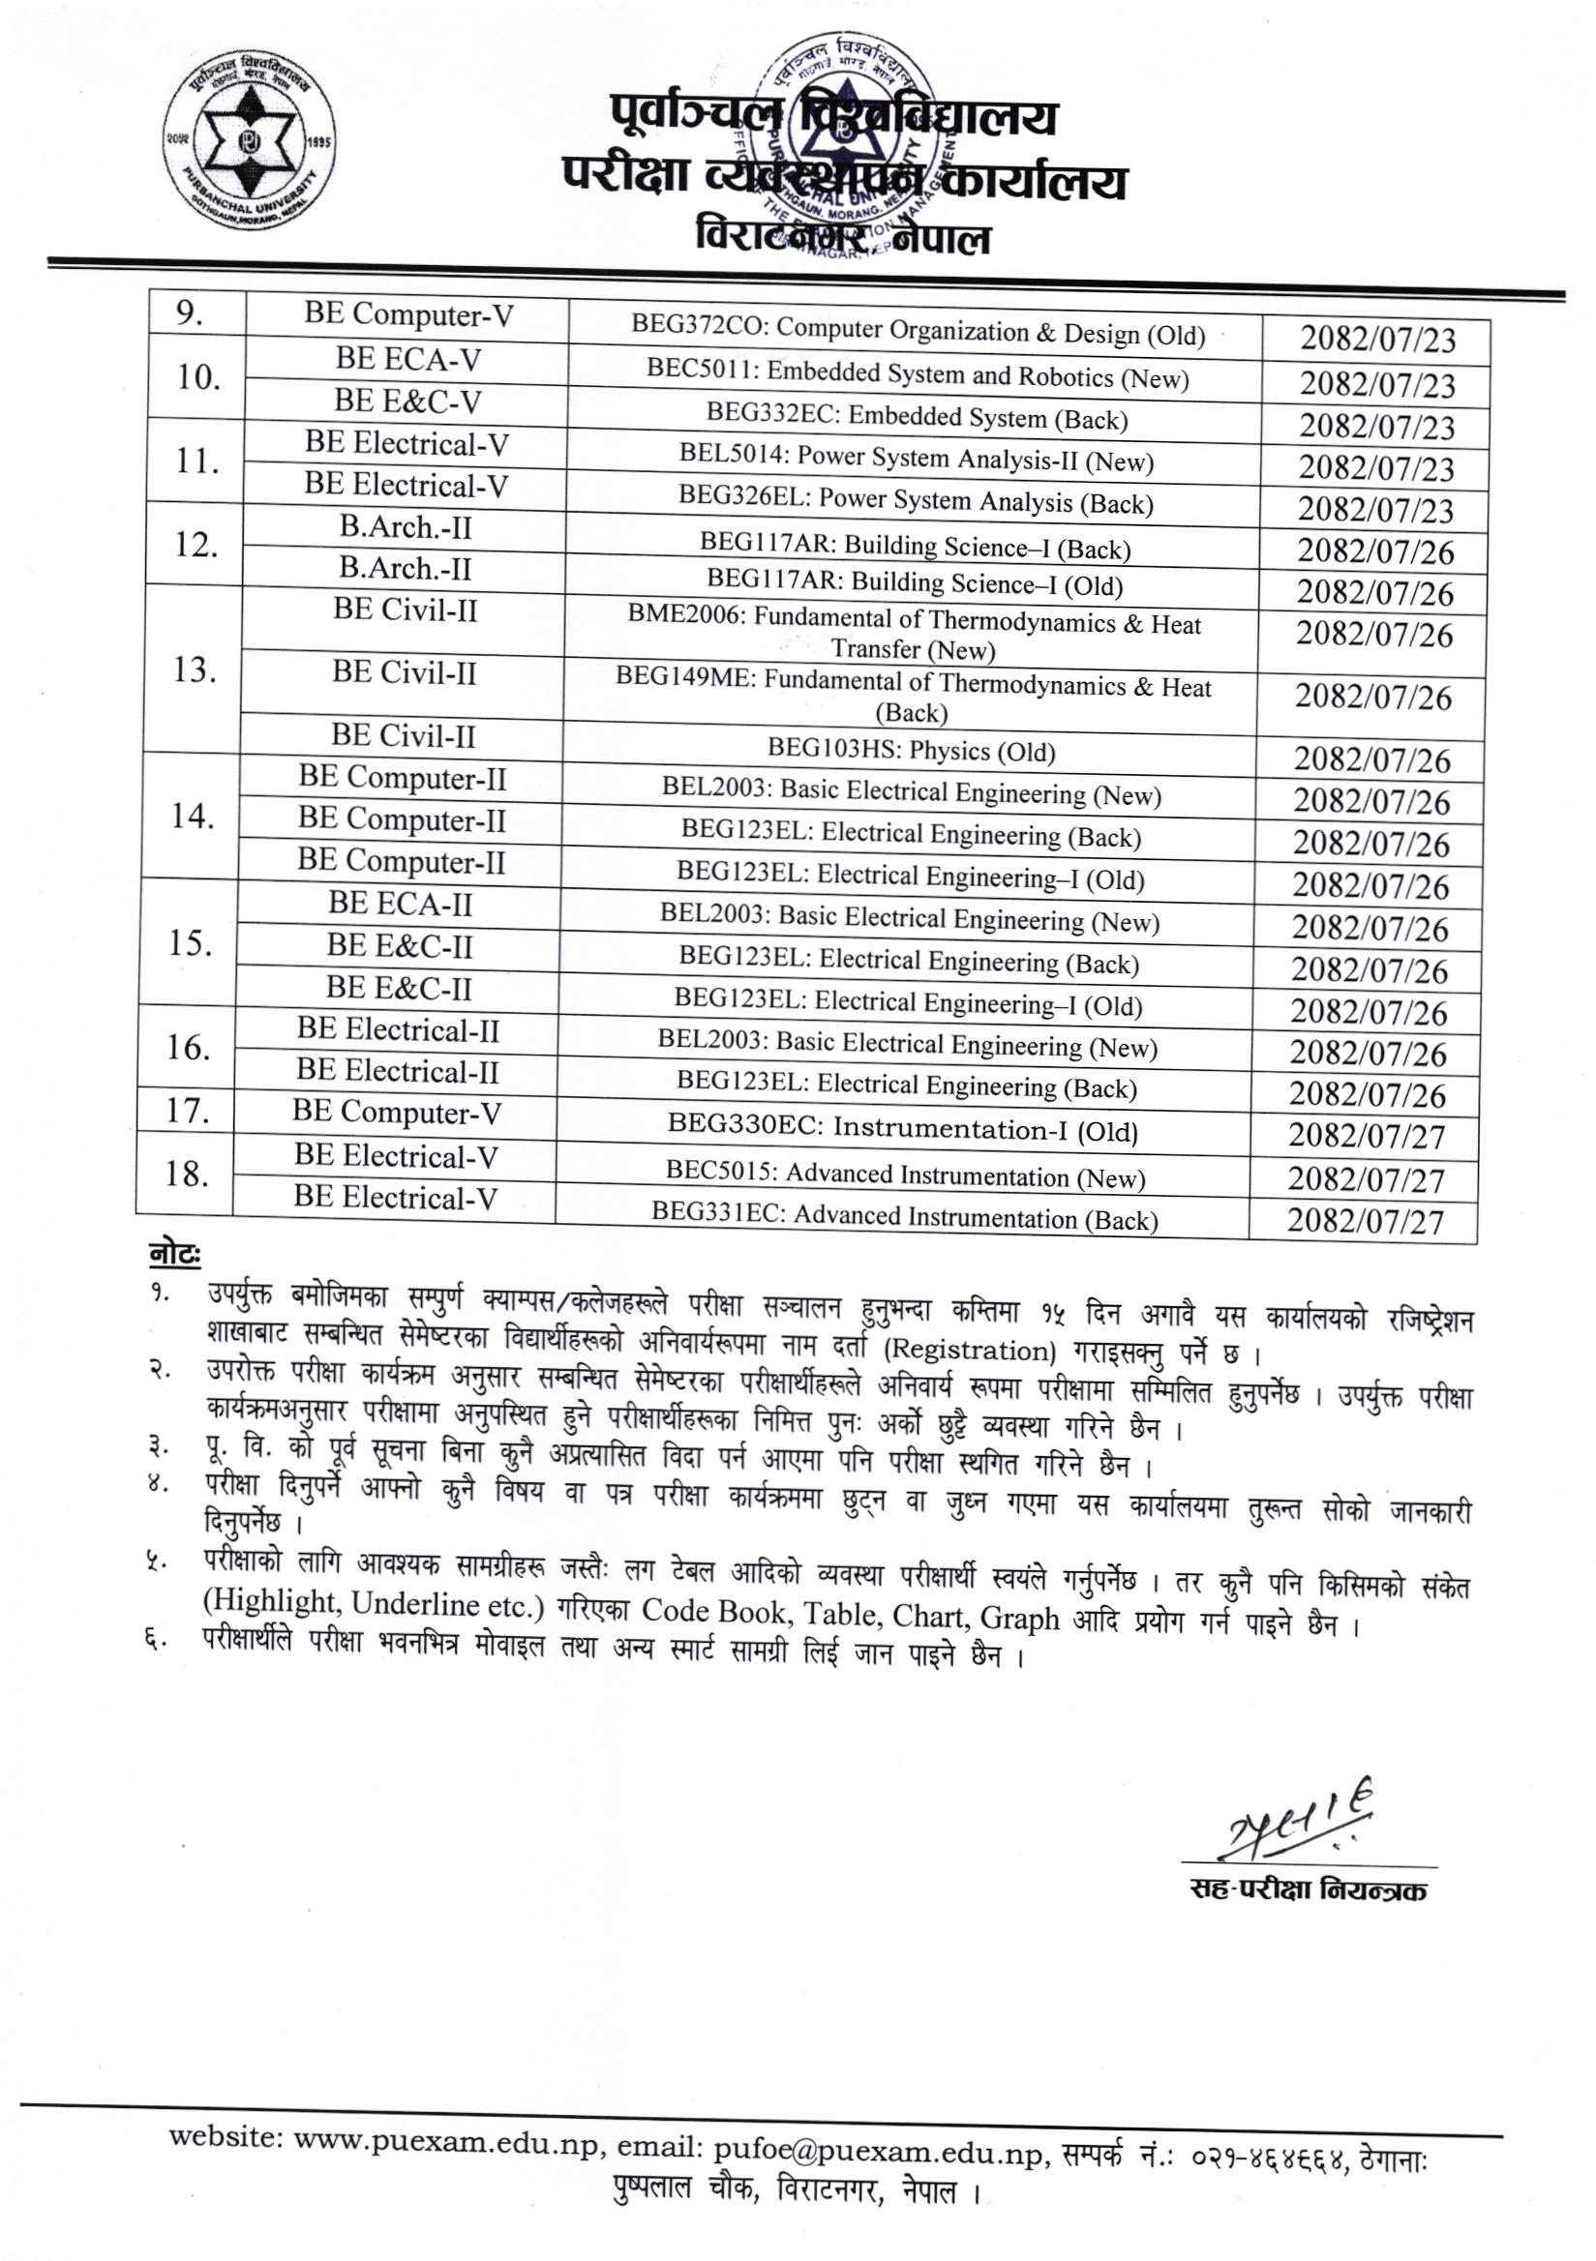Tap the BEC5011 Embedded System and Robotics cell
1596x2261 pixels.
click(918, 375)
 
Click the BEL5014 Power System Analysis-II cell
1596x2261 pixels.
click(916, 459)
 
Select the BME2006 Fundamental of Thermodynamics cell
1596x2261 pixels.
click(914, 637)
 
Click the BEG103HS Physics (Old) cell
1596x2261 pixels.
click(911, 752)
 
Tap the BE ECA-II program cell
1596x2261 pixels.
click(399, 903)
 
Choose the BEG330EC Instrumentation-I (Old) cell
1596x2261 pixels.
click(902, 1129)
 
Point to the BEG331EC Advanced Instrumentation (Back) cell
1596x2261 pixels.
click(903, 1218)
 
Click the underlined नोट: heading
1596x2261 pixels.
click(174, 1255)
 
